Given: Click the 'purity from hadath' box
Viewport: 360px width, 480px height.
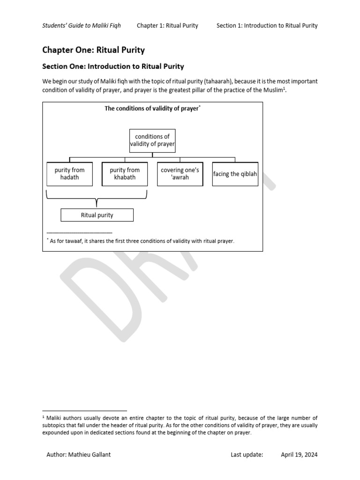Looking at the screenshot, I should click(x=70, y=174).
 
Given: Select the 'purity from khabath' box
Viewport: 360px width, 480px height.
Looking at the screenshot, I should click(x=125, y=174).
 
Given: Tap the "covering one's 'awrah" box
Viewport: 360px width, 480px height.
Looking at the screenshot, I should click(x=180, y=174).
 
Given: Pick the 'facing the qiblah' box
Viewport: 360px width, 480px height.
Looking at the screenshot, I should click(x=235, y=174).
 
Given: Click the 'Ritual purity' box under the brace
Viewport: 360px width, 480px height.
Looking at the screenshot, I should click(x=97, y=215).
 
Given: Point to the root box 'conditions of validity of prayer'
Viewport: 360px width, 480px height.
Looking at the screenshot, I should click(x=152, y=141).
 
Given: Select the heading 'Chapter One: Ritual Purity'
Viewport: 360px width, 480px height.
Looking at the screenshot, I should click(x=93, y=50).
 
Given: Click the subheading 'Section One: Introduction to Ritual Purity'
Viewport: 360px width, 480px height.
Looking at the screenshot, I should click(x=113, y=67).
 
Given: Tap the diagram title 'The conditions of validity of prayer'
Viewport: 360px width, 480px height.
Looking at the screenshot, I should click(x=152, y=108).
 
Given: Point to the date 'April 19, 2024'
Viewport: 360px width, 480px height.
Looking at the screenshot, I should click(x=299, y=455).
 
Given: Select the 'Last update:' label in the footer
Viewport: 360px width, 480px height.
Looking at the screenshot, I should click(x=247, y=455).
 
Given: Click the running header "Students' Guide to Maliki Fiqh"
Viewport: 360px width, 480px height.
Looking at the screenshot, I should click(x=82, y=25).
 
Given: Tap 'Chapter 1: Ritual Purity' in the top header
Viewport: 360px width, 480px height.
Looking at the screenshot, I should click(x=167, y=25).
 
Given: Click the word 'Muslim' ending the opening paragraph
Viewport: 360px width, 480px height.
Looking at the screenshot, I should click(x=273, y=90).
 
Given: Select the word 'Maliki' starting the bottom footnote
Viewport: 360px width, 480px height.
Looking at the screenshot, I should click(x=55, y=418).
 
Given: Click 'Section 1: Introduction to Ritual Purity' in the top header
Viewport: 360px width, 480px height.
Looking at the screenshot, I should click(x=267, y=25).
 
